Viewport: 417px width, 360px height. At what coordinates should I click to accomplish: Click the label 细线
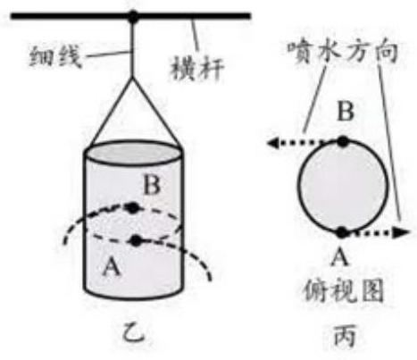pyautogui.click(x=55, y=56)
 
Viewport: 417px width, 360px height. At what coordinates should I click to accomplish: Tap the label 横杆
pyautogui.click(x=196, y=70)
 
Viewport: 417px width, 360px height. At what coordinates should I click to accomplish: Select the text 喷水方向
pyautogui.click(x=343, y=52)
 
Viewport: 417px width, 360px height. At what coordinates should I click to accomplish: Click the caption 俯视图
pyautogui.click(x=343, y=290)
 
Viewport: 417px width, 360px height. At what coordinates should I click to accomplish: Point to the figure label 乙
pyautogui.click(x=134, y=333)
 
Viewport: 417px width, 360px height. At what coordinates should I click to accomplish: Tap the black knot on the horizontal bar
pyautogui.click(x=133, y=16)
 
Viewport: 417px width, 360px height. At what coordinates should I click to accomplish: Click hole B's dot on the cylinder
pyautogui.click(x=131, y=207)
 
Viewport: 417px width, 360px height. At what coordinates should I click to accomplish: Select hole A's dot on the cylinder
pyautogui.click(x=137, y=240)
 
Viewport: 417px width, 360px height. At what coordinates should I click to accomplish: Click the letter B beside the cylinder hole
pyautogui.click(x=152, y=185)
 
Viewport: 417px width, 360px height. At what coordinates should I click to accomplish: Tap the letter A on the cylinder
pyautogui.click(x=112, y=267)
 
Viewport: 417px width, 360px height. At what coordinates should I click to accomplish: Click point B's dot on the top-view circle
pyautogui.click(x=343, y=141)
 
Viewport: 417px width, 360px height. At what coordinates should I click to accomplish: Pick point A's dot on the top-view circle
pyautogui.click(x=342, y=232)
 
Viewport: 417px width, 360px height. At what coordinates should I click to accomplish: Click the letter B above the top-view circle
pyautogui.click(x=346, y=111)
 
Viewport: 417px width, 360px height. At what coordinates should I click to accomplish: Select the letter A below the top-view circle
pyautogui.click(x=340, y=256)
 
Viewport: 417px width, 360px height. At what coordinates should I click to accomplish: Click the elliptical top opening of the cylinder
pyautogui.click(x=133, y=154)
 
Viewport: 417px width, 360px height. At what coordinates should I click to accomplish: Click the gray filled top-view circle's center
pyautogui.click(x=343, y=187)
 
